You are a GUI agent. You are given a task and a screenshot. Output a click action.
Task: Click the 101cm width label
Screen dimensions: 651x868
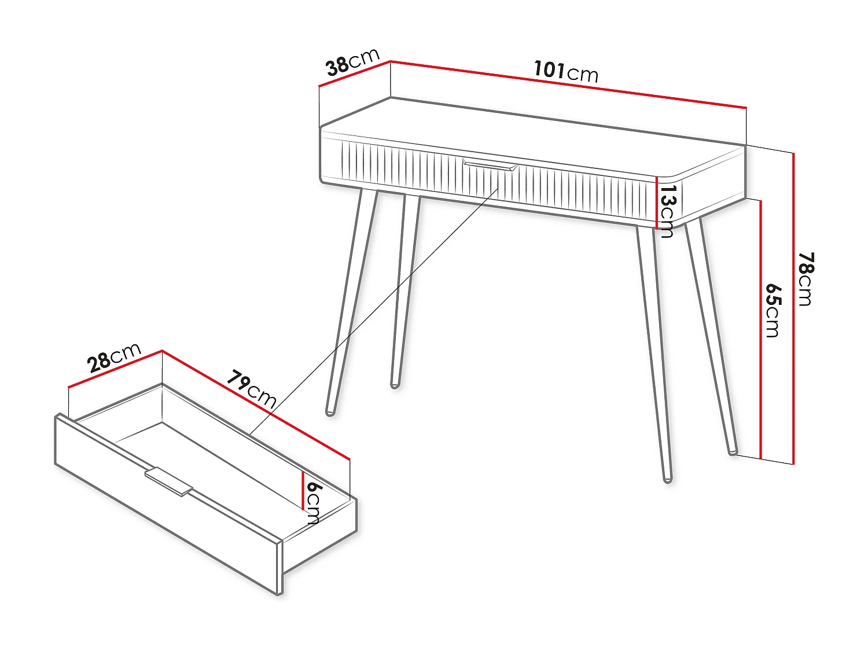[x=566, y=71]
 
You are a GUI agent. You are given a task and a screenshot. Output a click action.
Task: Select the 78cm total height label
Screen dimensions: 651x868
[x=806, y=278]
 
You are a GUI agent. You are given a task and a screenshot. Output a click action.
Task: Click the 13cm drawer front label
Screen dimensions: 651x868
[x=667, y=211]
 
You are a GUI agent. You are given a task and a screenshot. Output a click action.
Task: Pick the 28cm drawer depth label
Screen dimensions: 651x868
[x=115, y=357]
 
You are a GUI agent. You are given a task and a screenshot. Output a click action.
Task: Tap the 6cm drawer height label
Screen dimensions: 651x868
[x=313, y=502]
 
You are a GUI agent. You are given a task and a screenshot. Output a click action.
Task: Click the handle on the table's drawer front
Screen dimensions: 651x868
[x=490, y=165]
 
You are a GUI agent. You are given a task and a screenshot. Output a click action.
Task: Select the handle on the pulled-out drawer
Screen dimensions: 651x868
[x=168, y=481]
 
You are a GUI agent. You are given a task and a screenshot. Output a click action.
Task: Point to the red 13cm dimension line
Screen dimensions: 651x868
[x=657, y=202]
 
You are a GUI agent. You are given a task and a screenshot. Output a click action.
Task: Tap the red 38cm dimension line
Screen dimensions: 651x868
[x=355, y=73]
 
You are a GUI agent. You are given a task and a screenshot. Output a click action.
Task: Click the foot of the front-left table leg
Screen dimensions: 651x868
[x=330, y=411]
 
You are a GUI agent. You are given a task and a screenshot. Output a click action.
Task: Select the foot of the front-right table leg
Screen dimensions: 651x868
[x=668, y=479]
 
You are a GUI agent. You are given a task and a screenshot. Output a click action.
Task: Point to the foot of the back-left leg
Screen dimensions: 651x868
[x=395, y=384]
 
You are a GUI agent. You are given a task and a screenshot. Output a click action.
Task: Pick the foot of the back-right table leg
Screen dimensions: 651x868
[x=733, y=451]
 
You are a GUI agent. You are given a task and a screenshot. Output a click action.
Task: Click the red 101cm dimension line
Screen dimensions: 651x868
[x=568, y=84]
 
